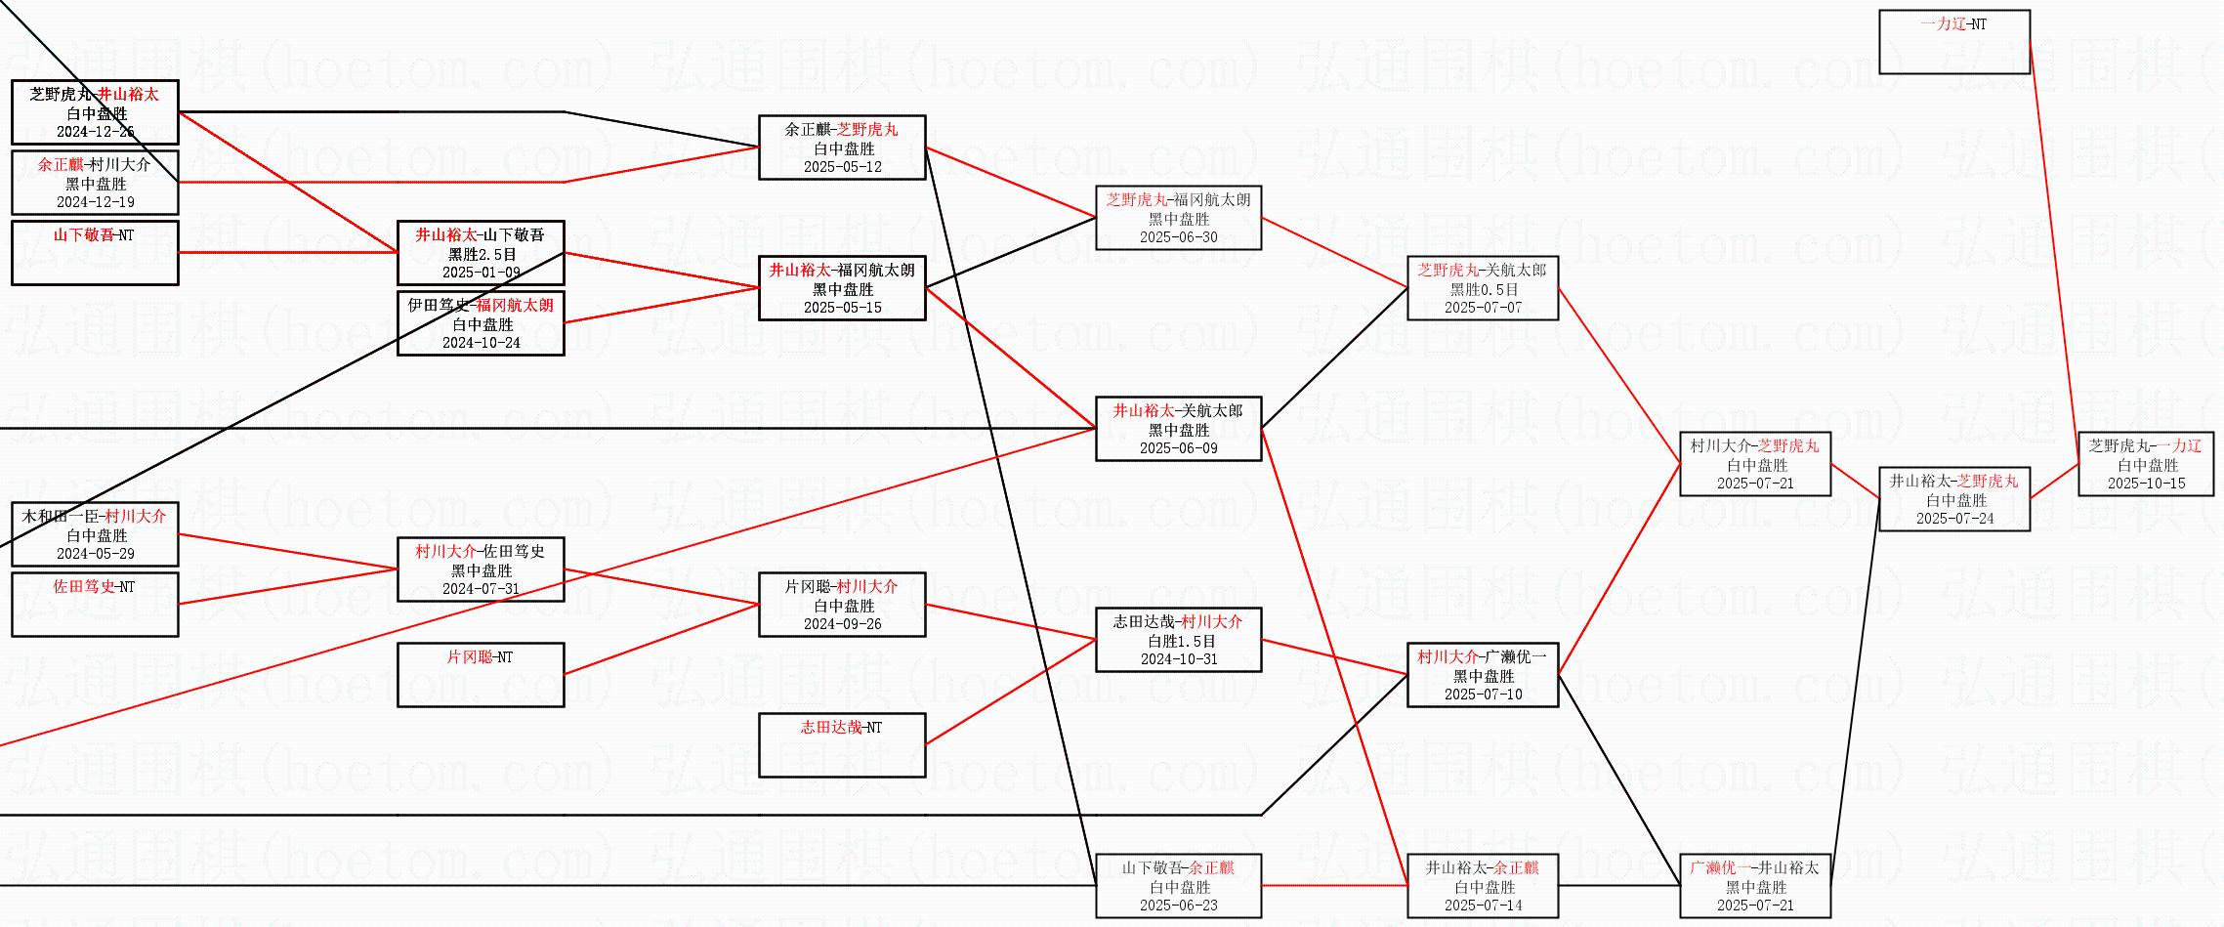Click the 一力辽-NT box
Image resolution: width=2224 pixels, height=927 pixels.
click(x=1953, y=42)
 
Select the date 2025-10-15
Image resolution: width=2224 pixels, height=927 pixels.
click(x=2146, y=484)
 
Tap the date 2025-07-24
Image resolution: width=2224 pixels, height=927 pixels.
click(x=1954, y=519)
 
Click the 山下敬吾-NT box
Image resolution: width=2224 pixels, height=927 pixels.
click(x=95, y=253)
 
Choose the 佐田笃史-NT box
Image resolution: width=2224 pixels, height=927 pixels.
click(x=95, y=605)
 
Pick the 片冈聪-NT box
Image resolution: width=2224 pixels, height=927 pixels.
click(x=481, y=675)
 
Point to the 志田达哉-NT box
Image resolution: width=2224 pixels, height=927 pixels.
click(x=842, y=745)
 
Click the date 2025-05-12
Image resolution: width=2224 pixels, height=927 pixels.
click(x=842, y=167)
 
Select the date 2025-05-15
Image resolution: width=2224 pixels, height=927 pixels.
click(x=842, y=308)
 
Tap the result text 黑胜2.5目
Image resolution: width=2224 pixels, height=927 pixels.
click(x=482, y=254)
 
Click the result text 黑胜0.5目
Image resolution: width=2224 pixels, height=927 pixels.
click(x=1484, y=289)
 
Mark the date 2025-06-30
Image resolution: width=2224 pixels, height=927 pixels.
click(x=1178, y=237)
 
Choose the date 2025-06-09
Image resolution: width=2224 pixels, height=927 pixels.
click(x=1178, y=448)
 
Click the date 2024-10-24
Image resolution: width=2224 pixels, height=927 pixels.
click(x=481, y=343)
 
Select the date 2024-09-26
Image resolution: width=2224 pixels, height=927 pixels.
click(x=842, y=624)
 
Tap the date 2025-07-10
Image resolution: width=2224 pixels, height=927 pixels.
click(x=1483, y=695)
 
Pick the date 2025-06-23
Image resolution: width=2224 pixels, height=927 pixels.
click(x=1178, y=906)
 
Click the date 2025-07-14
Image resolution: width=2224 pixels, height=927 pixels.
click(x=1483, y=906)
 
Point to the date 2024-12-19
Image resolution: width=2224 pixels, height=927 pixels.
click(x=95, y=202)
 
